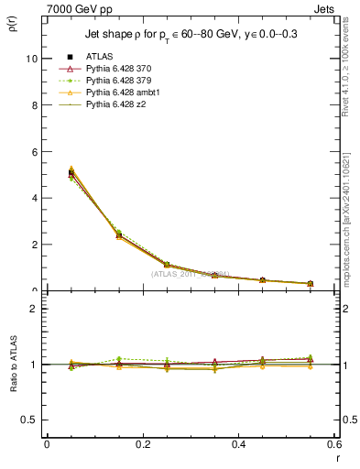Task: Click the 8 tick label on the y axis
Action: pos(33,105)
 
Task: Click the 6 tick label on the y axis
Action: pos(33,152)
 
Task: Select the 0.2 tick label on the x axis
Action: pos(142,443)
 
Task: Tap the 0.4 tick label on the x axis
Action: pos(238,443)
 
